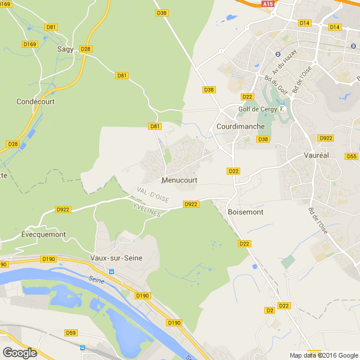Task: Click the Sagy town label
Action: tap(66, 50)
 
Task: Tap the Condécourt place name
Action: tap(35, 102)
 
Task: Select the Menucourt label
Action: tap(179, 180)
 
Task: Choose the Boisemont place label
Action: tap(246, 211)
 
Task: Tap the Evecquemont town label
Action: tap(43, 234)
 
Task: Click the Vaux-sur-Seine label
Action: tap(116, 258)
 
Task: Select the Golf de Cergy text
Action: tap(257, 109)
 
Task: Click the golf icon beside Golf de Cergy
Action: tap(283, 109)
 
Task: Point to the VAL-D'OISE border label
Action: tap(152, 195)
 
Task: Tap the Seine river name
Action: tap(96, 280)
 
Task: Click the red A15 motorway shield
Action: tap(269, 4)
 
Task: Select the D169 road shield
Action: tap(29, 44)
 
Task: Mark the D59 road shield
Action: tap(71, 333)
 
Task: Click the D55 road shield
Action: tap(352, 156)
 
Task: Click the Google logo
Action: tap(20, 352)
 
